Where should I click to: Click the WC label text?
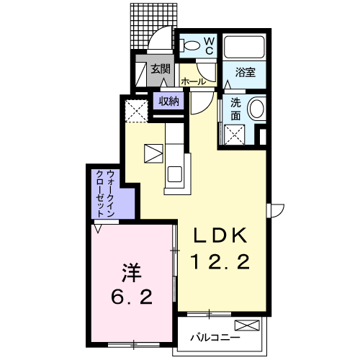coord(210,45)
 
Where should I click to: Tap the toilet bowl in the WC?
coord(190,45)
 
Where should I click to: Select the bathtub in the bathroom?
coord(244,47)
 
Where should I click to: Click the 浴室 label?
coord(245,72)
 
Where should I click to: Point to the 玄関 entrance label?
coord(161,69)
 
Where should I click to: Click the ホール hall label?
coord(194,82)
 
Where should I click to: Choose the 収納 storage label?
coord(168,102)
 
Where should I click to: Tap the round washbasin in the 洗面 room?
coord(256,109)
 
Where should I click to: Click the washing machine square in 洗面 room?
coord(235,135)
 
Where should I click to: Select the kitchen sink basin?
coord(175,174)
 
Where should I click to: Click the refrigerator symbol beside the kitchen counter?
coord(153,153)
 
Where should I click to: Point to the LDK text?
coord(220,235)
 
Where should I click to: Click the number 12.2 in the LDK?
coord(220,261)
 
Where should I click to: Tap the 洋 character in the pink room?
coord(132,274)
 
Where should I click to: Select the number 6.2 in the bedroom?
coord(132,297)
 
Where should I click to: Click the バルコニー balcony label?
coord(215,338)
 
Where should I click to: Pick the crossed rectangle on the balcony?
coord(247,325)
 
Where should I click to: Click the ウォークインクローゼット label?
coord(104,194)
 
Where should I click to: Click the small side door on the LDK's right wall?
coord(276,211)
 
